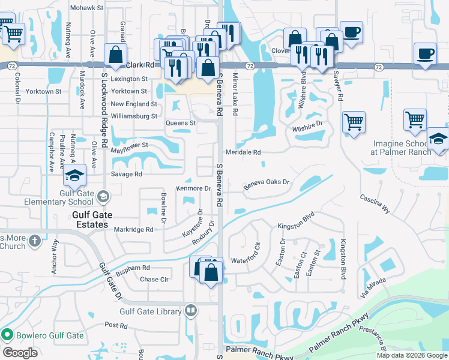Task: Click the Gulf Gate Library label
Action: click(150, 311)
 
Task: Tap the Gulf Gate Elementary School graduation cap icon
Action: click(75, 176)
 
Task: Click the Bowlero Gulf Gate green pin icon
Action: click(7, 334)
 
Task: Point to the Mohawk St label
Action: click(87, 8)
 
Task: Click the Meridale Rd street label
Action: click(243, 152)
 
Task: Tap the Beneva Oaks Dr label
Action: click(267, 184)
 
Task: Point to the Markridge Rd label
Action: click(134, 229)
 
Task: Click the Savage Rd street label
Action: click(126, 174)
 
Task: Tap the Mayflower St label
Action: click(129, 145)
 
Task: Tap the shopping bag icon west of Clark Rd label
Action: click(115, 55)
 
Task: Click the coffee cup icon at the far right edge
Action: click(424, 54)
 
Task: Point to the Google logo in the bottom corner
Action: click(20, 353)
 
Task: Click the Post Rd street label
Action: click(116, 325)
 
